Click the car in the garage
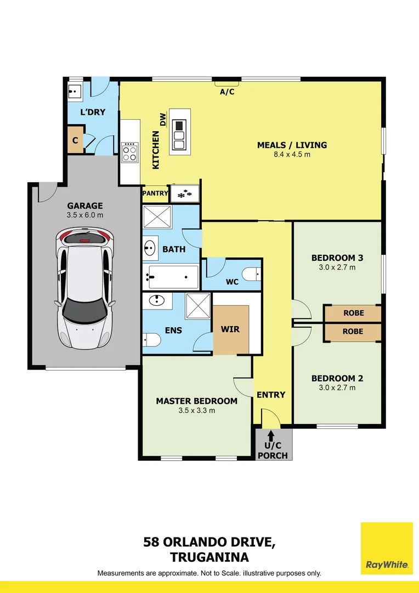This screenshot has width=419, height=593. pos(84,288)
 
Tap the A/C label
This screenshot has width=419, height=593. pos(227,92)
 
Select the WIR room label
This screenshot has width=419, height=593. pos(230,329)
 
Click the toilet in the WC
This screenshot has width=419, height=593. pos(251,274)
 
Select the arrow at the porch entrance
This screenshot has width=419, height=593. pos(271,435)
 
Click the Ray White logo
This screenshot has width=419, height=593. pos(387,548)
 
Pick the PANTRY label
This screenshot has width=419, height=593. pos(155,193)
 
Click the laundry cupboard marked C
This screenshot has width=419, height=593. pos(75,140)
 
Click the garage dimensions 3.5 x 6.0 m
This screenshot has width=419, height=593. pos(85,215)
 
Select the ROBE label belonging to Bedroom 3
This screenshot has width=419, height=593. pos(354,313)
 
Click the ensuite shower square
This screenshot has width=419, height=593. pos(197,306)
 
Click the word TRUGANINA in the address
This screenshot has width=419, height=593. pos(209,557)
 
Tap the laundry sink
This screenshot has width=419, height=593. pos(75,92)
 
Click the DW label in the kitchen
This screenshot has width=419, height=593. pos(163,120)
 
